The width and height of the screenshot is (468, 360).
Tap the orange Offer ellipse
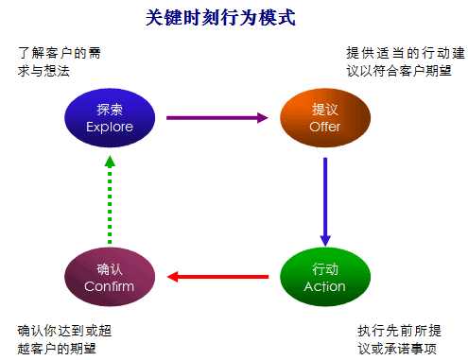coord(324,118)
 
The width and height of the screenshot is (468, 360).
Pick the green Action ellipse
coord(324,277)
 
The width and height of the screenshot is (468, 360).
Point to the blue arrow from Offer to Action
coord(324,197)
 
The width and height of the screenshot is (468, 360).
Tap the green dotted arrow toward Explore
coord(110,197)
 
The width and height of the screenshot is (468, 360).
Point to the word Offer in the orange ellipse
coord(324,127)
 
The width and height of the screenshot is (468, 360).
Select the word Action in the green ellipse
coord(324,286)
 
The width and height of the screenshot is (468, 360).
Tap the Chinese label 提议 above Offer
coord(324,110)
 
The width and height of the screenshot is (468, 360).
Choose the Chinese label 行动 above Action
coord(324,268)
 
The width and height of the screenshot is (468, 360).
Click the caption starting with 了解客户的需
coord(59,61)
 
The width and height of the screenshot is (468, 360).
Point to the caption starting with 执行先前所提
coord(399,340)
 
